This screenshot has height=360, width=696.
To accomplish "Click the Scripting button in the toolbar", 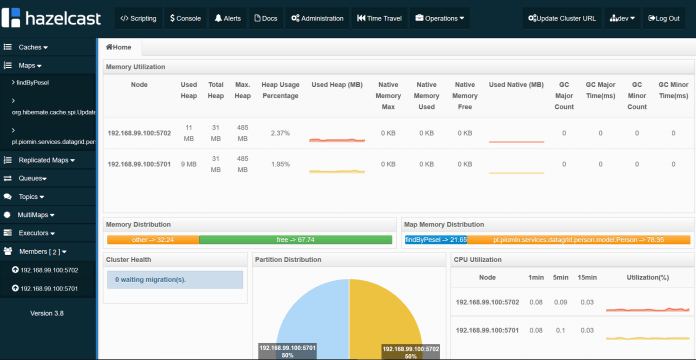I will tap(137, 19).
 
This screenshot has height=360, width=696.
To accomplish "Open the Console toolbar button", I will tap(185, 19).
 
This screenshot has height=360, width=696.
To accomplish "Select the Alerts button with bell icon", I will tap(227, 19).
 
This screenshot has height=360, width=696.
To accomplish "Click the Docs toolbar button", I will tap(265, 19).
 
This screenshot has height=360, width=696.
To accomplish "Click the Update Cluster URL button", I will tap(562, 19).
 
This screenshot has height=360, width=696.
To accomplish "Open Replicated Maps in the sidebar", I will tap(46, 160).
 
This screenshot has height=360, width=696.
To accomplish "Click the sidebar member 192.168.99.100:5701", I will tap(50, 287).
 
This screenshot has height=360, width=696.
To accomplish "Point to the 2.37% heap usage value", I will tap(280, 133).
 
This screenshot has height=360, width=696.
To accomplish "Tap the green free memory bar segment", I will tap(295, 240).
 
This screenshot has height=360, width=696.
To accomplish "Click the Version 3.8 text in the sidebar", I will tap(47, 313).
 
